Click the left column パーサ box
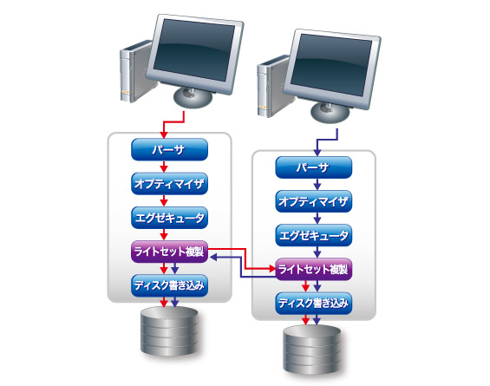click(169, 149)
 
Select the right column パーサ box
click(313, 167)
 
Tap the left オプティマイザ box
click(169, 184)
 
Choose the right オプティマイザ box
click(313, 201)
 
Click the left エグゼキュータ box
click(169, 218)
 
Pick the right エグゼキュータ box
click(313, 235)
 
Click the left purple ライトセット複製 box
click(169, 252)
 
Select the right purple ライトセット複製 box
click(313, 269)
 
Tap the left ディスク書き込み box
click(169, 285)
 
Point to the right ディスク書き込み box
click(313, 304)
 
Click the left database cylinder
click(169, 330)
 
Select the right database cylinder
click(312, 350)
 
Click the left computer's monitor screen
click(194, 50)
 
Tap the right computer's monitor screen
click(332, 65)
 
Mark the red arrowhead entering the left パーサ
click(164, 135)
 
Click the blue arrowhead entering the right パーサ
click(317, 153)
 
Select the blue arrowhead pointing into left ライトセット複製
click(212, 258)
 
